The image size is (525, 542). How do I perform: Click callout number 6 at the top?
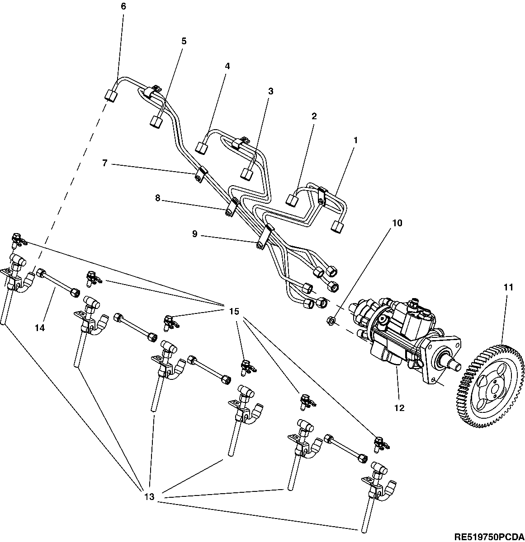(123, 6)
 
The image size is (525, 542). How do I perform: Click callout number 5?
(184, 41)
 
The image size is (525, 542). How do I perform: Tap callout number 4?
(227, 66)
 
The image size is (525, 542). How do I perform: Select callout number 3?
(271, 91)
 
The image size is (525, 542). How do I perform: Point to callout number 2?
(314, 116)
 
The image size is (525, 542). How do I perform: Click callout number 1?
(355, 140)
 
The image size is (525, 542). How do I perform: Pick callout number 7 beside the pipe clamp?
(105, 163)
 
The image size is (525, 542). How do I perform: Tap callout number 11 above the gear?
(508, 287)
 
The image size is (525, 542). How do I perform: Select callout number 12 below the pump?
(399, 408)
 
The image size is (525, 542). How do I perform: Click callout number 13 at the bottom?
(149, 497)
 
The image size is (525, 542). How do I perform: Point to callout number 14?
(40, 328)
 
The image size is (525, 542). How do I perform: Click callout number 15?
(233, 312)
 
